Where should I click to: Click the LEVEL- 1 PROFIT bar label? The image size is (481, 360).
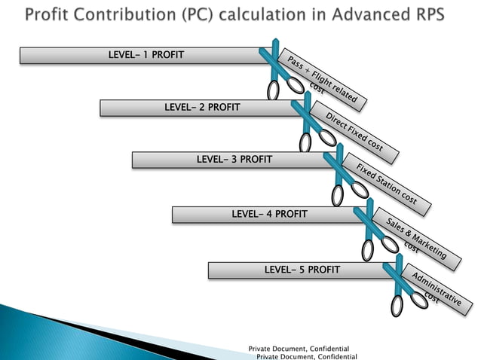146,55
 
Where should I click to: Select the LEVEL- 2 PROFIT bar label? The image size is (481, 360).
202,107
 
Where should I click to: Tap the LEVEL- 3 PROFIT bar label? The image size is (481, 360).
234,159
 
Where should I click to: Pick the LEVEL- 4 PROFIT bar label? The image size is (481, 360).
269,214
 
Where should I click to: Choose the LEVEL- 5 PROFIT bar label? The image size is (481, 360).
302,269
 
